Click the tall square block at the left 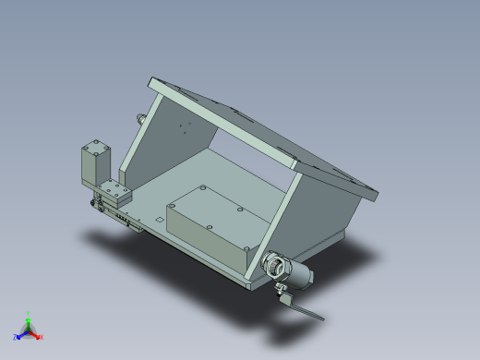93,166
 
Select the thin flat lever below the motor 304,311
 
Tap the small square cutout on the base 159,219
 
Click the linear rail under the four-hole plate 120,216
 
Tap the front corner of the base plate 251,285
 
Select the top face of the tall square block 95,147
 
